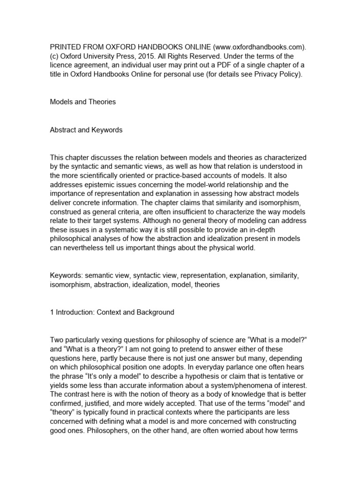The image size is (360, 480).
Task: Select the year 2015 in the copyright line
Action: click(140, 56)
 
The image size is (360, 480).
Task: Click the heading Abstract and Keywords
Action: click(86, 130)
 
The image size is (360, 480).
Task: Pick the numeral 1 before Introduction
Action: click(52, 312)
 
